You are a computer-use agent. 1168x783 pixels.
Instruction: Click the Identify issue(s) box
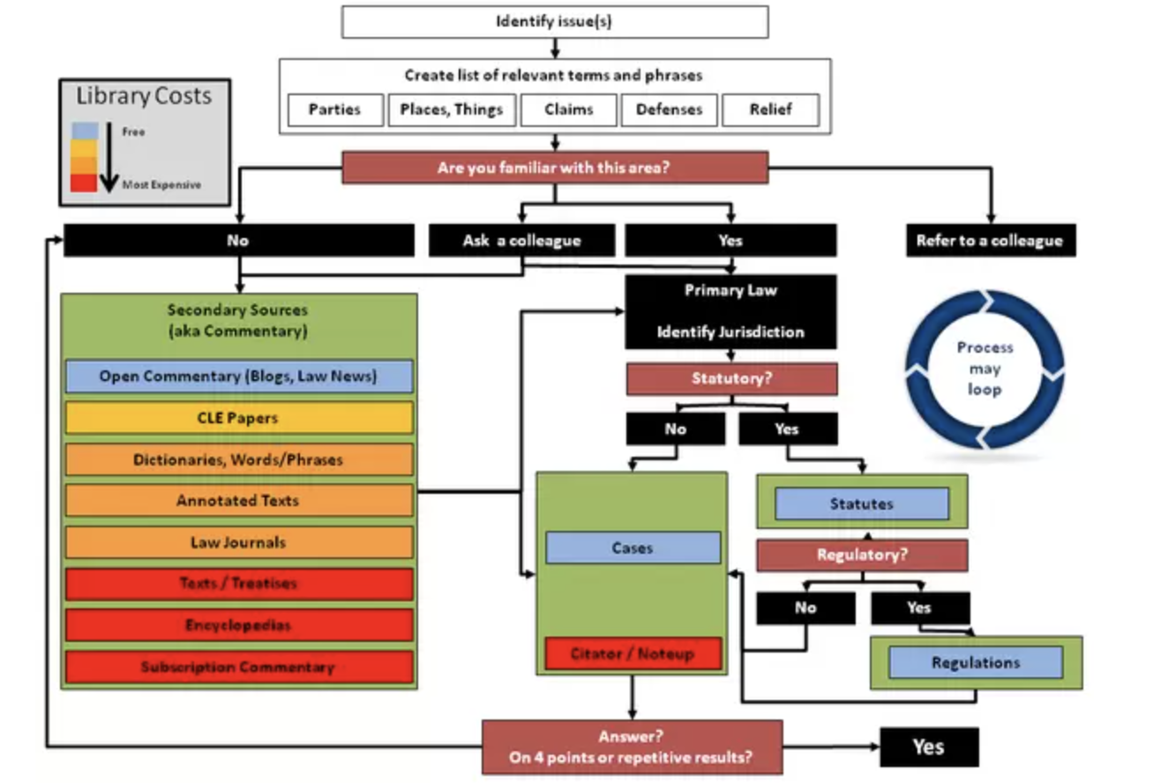click(554, 22)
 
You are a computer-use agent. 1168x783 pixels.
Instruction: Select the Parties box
click(335, 110)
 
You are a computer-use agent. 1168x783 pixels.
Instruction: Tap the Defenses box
click(670, 110)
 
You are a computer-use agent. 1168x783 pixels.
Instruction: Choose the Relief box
click(770, 110)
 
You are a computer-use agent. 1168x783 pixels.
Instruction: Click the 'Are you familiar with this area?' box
click(554, 168)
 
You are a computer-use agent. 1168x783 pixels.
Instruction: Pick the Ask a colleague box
click(522, 241)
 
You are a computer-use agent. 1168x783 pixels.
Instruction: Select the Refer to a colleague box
click(990, 241)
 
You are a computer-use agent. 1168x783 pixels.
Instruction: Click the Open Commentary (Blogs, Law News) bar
click(238, 377)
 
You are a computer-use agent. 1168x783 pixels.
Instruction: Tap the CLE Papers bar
click(238, 418)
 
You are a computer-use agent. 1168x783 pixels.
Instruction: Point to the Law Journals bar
click(238, 542)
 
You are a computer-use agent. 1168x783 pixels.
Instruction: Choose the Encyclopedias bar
click(238, 625)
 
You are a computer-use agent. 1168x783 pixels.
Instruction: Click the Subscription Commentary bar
click(238, 667)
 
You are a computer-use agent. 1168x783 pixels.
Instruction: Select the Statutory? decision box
click(731, 379)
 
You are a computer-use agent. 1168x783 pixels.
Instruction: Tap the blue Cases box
click(633, 548)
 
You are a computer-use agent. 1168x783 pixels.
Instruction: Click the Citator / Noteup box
click(633, 653)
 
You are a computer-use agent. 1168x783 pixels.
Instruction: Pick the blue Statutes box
click(861, 503)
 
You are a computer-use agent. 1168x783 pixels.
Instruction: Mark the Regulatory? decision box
click(862, 556)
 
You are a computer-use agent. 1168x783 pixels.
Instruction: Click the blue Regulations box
click(975, 662)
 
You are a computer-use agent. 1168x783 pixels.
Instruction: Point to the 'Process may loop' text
click(985, 368)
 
